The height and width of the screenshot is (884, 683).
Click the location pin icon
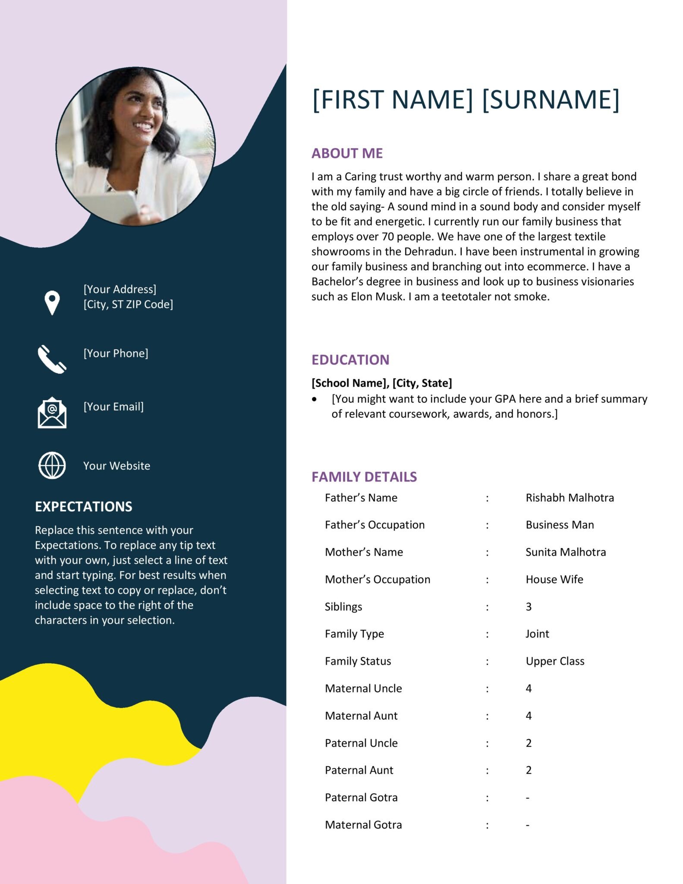tap(52, 303)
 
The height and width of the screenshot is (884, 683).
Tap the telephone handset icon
tap(52, 359)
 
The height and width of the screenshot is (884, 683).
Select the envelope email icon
tap(52, 413)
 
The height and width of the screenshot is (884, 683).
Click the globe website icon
tap(52, 466)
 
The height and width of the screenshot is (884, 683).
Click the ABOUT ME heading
tap(347, 153)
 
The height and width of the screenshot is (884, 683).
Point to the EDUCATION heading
tap(350, 360)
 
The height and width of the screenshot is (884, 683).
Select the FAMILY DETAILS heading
tap(364, 477)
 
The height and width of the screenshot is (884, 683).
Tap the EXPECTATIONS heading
tap(84, 506)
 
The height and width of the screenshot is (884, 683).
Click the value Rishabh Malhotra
tap(570, 498)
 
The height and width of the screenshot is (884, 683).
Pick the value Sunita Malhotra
tap(566, 552)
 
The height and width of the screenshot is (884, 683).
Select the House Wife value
tap(554, 579)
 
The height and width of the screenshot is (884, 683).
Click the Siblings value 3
tap(529, 607)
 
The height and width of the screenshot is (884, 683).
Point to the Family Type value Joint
tap(537, 634)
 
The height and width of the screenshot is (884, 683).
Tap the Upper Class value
tap(555, 661)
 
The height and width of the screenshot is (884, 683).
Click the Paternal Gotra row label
tap(361, 798)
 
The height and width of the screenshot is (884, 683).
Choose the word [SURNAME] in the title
tap(551, 99)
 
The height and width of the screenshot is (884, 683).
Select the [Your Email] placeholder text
tap(113, 407)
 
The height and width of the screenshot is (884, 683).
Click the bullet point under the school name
tap(315, 400)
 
